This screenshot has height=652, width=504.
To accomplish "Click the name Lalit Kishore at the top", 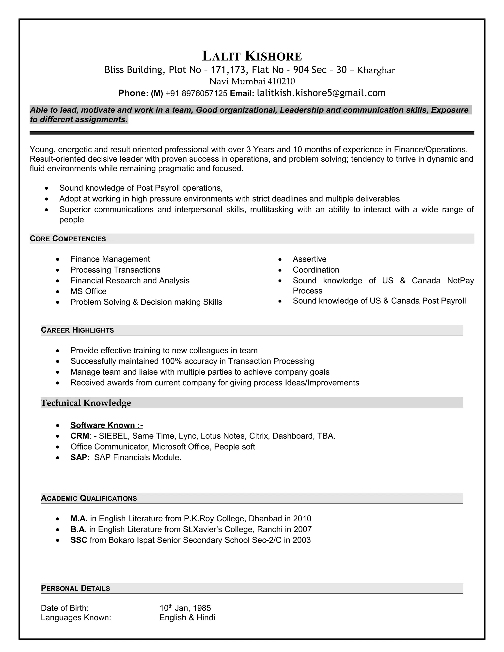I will (252, 56).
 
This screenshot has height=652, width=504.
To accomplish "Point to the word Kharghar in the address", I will (376, 70).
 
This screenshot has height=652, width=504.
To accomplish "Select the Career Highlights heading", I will (77, 330).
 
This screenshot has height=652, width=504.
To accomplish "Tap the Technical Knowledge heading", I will (86, 403).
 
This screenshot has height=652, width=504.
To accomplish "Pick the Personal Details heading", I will (75, 589).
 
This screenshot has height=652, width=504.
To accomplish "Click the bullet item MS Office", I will (88, 291).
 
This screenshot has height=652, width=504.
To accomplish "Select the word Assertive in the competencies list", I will (309, 259).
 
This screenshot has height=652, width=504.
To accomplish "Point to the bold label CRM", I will (80, 436).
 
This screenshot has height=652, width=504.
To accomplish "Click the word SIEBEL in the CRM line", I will (113, 436).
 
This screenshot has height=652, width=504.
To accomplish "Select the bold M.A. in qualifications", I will (79, 519).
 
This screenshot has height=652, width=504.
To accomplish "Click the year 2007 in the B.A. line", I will (302, 529).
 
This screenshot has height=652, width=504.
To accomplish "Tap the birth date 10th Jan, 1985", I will (185, 608).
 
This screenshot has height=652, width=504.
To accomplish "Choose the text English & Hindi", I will (187, 618).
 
